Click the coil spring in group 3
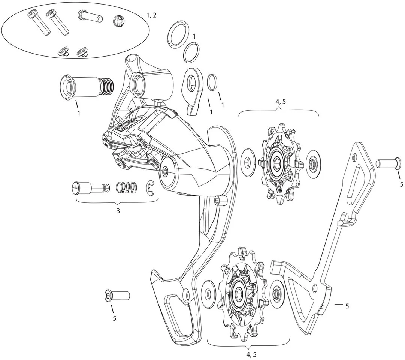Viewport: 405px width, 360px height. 126,187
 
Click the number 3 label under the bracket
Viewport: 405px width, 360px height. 118,211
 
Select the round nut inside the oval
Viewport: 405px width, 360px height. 119,21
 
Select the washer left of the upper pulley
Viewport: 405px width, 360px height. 247,162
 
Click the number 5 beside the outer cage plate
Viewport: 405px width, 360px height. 347,306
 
